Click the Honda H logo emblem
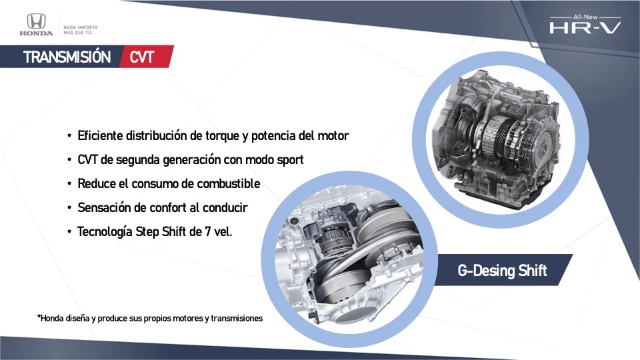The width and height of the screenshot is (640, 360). point(36,21)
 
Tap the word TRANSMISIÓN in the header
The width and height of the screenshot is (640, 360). point(67,57)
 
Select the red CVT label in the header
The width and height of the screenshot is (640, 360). point(142,57)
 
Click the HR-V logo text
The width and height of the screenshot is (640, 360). point(585,28)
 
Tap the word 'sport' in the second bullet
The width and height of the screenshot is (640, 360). point(290,160)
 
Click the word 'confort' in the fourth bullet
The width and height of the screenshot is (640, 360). point(169,207)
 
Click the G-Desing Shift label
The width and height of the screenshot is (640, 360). point(502,270)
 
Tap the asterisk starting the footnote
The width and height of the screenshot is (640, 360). point(39,318)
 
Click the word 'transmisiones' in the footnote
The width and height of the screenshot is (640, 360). point(237,319)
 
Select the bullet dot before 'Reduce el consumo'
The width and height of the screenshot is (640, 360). point(69,184)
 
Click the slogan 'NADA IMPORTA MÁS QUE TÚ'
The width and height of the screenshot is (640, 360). point(80,30)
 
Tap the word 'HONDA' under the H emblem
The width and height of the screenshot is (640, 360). point(36,33)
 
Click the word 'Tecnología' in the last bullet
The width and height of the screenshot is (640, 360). point(105,232)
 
